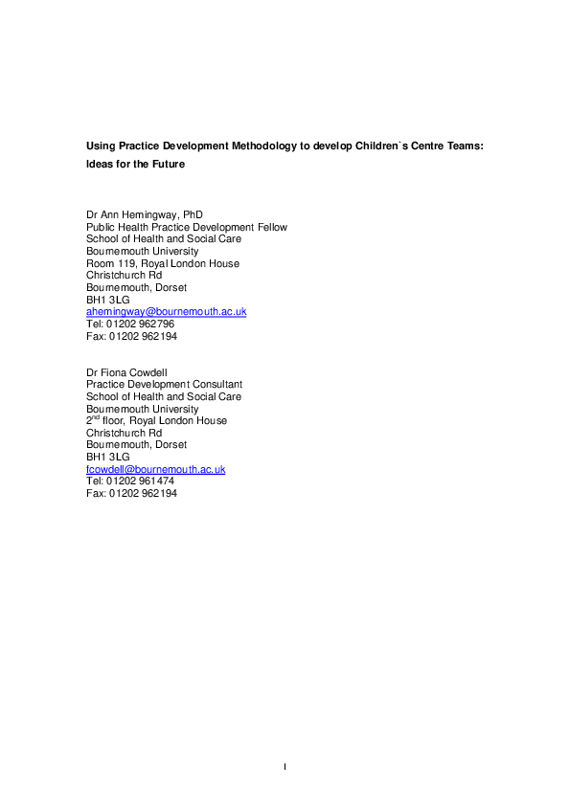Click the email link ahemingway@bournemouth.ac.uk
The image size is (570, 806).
pyautogui.click(x=166, y=312)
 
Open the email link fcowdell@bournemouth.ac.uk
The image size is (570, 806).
pyautogui.click(x=155, y=469)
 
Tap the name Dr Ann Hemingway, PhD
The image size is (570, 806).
pyautogui.click(x=144, y=215)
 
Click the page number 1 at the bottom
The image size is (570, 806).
pyautogui.click(x=285, y=766)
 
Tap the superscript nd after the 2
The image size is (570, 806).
pyautogui.click(x=98, y=417)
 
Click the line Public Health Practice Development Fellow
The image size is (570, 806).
pyautogui.click(x=186, y=228)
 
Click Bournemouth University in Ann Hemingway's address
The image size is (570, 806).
pyautogui.click(x=142, y=252)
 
